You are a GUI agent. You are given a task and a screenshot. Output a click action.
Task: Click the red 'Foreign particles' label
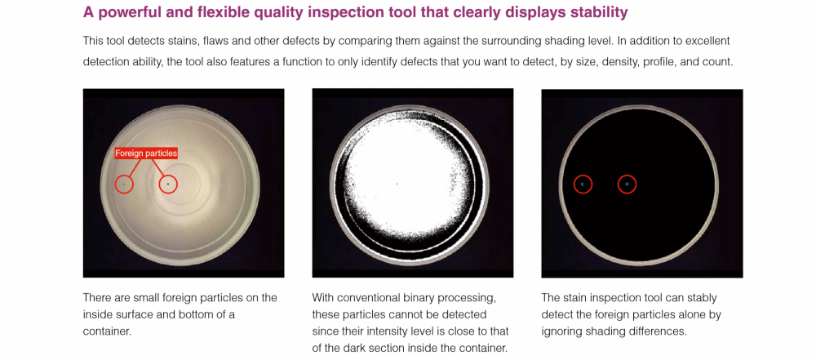146,153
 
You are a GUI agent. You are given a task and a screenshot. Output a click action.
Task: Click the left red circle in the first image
124,184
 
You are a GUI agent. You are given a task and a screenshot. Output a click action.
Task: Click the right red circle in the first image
168,184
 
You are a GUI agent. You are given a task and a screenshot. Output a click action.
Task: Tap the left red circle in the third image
583,184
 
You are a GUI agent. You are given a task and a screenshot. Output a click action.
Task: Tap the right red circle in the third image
627,184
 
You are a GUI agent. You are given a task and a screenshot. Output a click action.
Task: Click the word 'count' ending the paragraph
716,61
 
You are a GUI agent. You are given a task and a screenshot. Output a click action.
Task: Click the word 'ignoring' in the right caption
563,331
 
